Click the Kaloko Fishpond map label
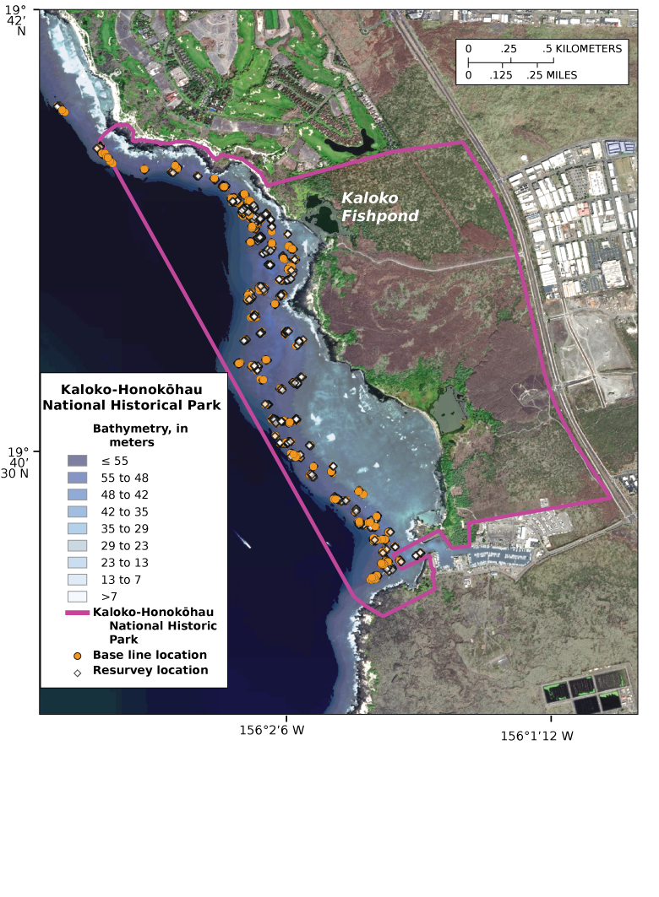379,207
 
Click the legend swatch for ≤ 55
77,461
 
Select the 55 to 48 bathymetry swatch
77,478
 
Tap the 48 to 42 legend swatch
77,494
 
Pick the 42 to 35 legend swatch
77,511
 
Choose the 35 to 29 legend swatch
77,528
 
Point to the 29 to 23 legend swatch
77,545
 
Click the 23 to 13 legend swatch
77,562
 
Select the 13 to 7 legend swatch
77,579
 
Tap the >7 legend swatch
77,596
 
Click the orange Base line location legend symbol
78,656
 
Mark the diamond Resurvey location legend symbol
78,672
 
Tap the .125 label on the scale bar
501,75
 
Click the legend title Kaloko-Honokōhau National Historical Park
132,397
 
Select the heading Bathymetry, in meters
139,435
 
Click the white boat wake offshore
244,540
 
